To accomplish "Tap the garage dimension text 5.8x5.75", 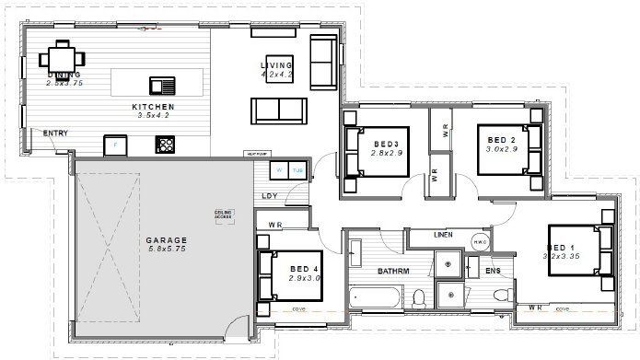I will pos(166,249).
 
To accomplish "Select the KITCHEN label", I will pos(153,107).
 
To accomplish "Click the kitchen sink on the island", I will pos(161,87).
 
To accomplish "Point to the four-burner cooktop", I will pos(167,144).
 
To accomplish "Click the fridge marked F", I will pos(115,145).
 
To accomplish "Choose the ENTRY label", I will pos(55,134).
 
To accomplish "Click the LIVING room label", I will pos(275,66).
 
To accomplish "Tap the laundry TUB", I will pos(297,171).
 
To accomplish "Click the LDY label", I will pos(270,195).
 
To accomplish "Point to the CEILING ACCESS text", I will pos(224,215).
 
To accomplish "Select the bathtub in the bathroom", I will pos(376,297).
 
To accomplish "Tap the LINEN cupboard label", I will pos(445,236).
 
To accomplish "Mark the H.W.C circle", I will pos(479,243).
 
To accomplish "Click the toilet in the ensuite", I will pos(501,296).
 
